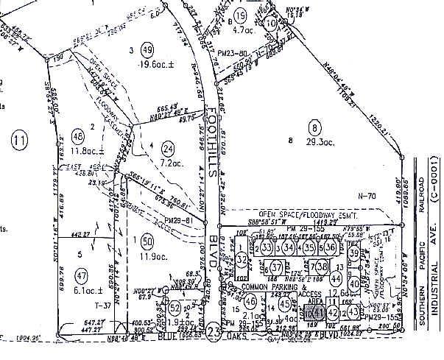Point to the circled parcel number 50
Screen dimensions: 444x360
[147, 239]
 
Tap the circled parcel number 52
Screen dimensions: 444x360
[175, 306]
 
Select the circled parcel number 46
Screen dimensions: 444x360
[251, 300]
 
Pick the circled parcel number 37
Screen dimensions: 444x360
[277, 266]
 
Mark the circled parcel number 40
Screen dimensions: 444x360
[354, 284]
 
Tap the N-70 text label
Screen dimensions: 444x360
[366, 197]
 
